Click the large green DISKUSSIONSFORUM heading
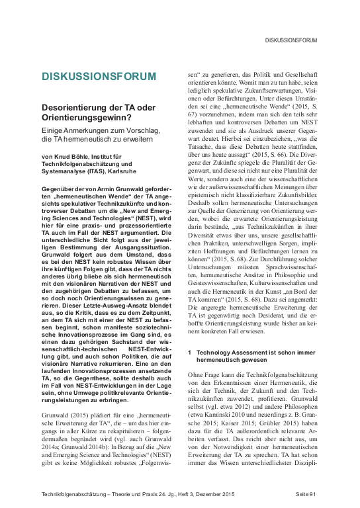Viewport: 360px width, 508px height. coord(99,76)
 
